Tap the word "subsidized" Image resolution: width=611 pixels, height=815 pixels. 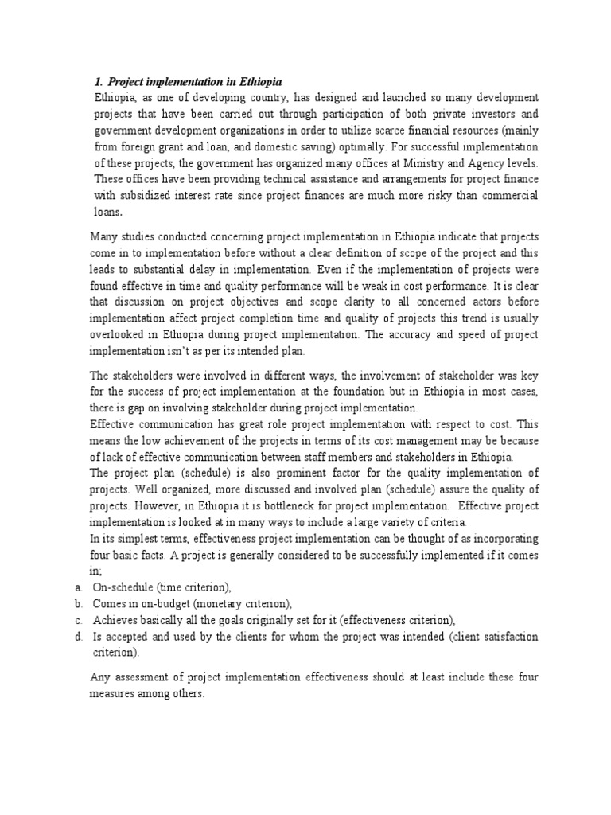pyautogui.click(x=143, y=197)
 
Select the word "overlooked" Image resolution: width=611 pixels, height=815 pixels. pyautogui.click(x=121, y=333)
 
